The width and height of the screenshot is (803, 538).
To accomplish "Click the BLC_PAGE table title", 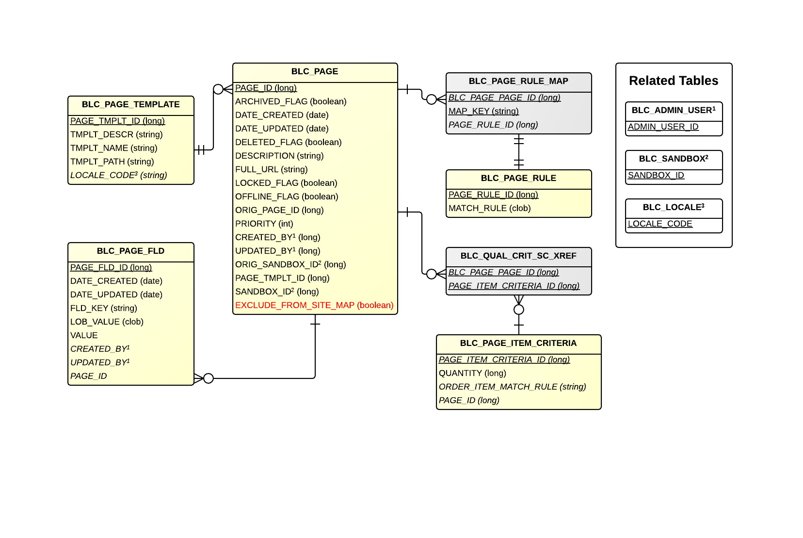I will [x=315, y=72].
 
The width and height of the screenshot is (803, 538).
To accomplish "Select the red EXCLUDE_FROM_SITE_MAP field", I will [x=314, y=305].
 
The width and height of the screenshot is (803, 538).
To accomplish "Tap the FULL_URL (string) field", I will [x=271, y=169].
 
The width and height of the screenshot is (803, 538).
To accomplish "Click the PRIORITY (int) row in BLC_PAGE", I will [x=264, y=224].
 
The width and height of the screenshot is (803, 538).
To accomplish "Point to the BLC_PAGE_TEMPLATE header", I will [x=130, y=105].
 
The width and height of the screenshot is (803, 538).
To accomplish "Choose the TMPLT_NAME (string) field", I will [x=113, y=148].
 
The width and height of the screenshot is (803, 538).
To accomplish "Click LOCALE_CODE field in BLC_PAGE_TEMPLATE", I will [x=118, y=175].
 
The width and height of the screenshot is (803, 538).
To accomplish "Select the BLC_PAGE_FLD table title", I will [x=130, y=251].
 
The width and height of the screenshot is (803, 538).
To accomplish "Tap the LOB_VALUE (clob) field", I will [x=107, y=322].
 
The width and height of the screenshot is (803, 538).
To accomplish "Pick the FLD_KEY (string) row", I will [x=103, y=308].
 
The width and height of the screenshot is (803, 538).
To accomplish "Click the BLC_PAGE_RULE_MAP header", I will [x=518, y=82].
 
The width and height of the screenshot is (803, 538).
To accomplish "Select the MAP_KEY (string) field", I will [x=483, y=111].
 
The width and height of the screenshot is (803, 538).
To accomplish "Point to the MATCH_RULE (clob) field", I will [x=489, y=208].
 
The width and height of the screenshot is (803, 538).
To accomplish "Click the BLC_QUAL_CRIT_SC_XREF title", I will [x=518, y=256].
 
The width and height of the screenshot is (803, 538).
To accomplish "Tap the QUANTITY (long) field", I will [x=472, y=373].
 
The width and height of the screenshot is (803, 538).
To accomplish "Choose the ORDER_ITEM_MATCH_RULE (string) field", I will [x=512, y=387].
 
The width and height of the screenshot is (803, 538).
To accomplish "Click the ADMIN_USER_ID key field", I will [x=663, y=127].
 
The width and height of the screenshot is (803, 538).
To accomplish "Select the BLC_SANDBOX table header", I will [x=674, y=159].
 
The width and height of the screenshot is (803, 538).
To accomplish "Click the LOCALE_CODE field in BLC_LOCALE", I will [x=660, y=224].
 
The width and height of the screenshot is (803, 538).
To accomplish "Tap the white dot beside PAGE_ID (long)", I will [x=218, y=89].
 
